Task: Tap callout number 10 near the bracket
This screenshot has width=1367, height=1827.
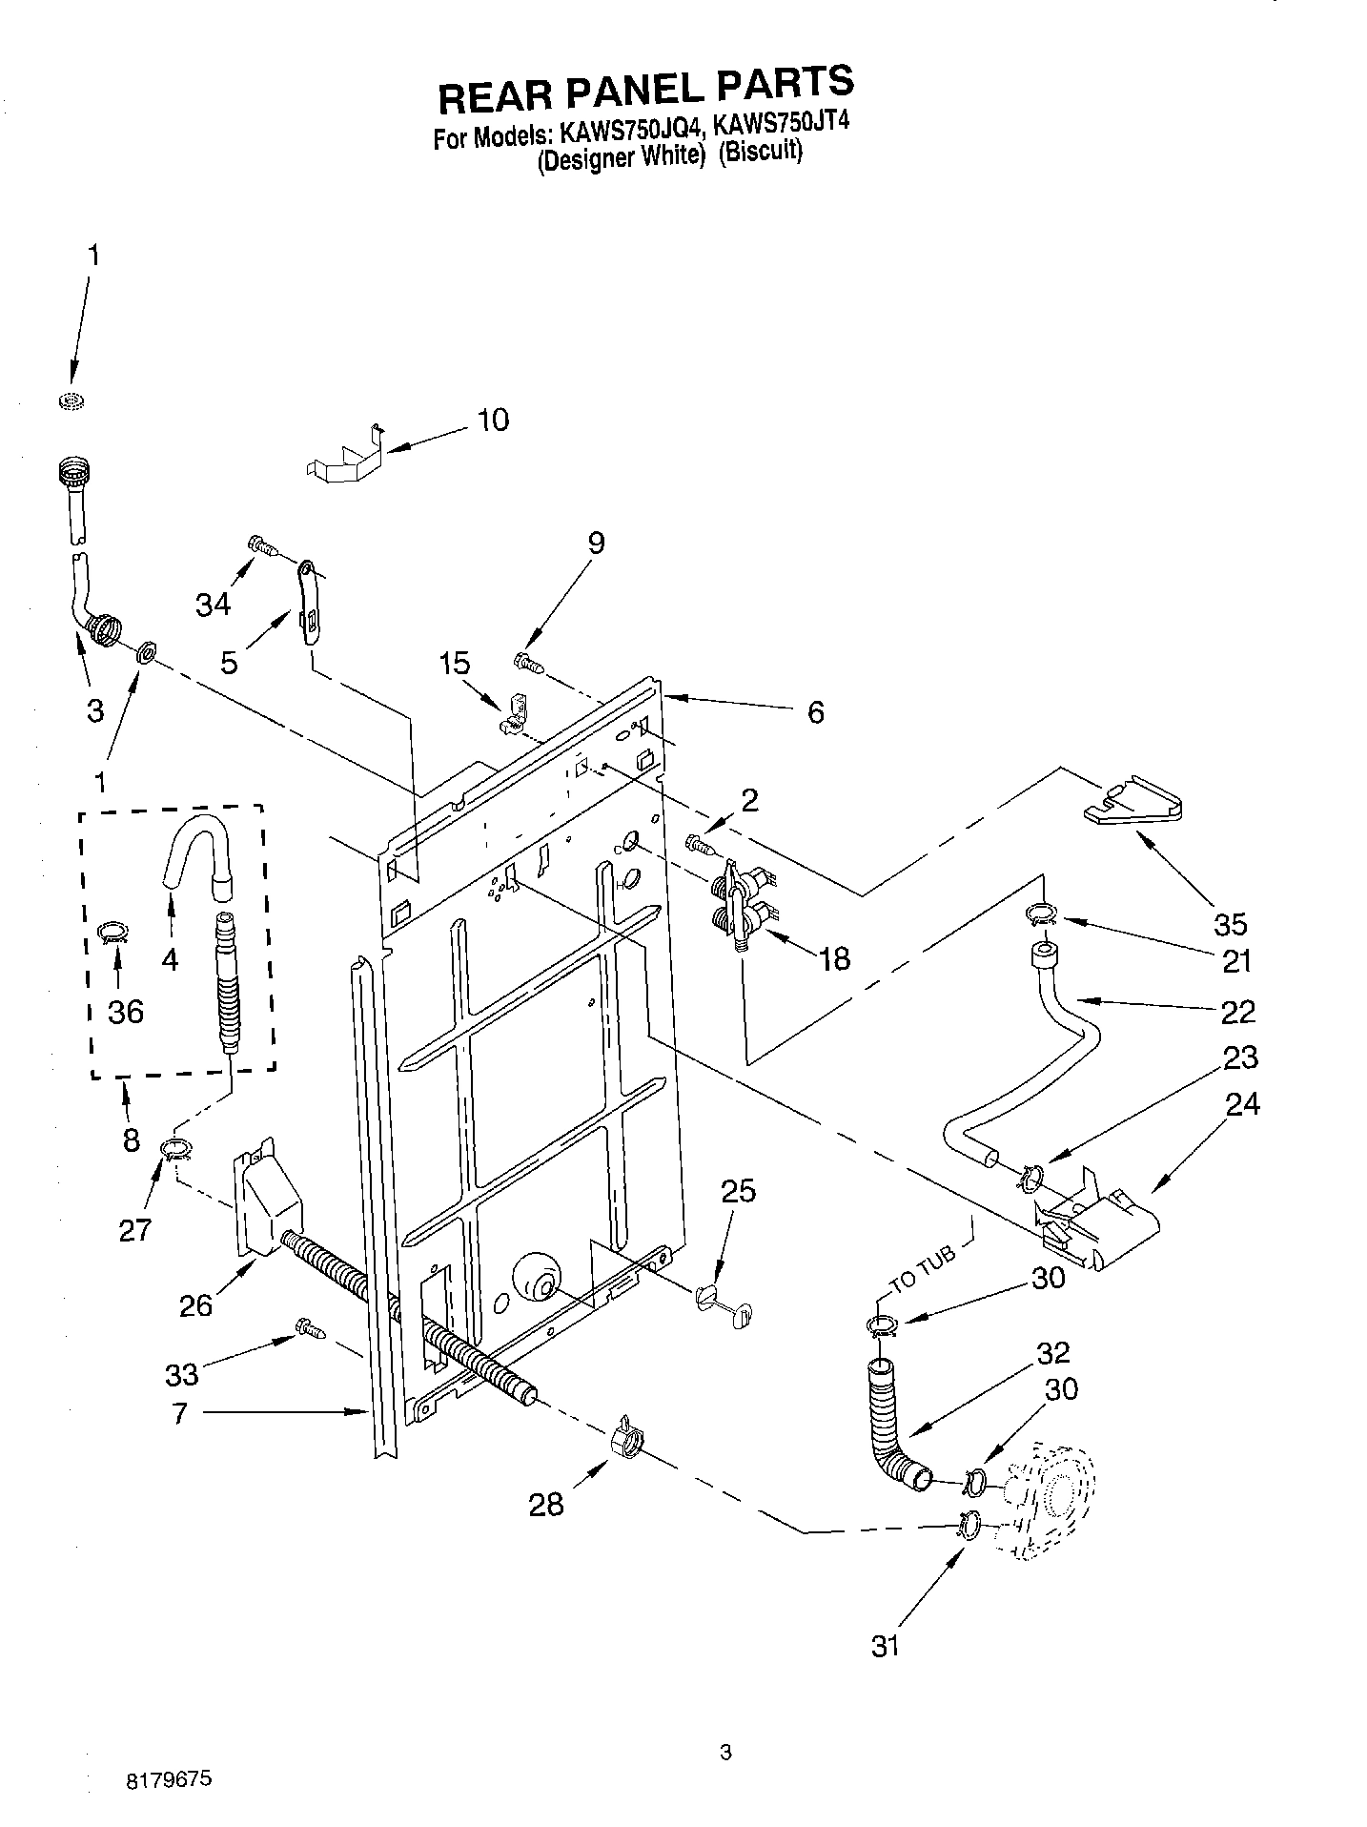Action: point(492,421)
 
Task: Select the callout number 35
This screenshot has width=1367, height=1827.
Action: point(1231,923)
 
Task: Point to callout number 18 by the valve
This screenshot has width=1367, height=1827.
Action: point(834,958)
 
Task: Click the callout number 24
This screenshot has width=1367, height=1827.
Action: point(1242,1104)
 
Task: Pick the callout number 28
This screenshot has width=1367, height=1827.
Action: point(545,1505)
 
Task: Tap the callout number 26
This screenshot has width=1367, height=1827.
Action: point(195,1305)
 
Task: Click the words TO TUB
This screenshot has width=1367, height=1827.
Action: point(921,1271)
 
